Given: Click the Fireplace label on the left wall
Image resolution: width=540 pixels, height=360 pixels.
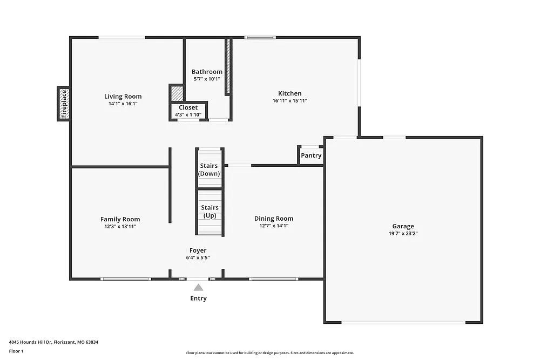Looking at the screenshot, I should [x=64, y=104].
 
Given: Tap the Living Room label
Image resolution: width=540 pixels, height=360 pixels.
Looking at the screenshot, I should [x=123, y=97].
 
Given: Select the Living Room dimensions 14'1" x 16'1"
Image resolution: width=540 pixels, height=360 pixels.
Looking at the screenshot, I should [x=123, y=104].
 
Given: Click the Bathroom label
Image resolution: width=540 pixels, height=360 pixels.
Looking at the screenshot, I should [x=207, y=72].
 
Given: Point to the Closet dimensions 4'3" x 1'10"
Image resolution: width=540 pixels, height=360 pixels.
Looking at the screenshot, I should [x=188, y=114].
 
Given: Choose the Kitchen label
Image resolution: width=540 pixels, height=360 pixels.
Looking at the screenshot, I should [x=290, y=93].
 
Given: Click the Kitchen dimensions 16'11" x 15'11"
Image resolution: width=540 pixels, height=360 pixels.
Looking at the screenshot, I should [x=290, y=100].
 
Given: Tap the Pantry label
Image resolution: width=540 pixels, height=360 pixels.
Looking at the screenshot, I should [x=311, y=155].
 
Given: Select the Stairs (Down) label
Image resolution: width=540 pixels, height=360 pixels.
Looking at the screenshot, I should [x=209, y=169].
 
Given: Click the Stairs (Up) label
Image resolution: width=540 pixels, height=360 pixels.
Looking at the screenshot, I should [x=210, y=211].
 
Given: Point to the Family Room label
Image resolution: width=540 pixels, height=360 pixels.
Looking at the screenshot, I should [x=120, y=219].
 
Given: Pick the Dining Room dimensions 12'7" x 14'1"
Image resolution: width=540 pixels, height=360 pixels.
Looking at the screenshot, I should [x=274, y=226].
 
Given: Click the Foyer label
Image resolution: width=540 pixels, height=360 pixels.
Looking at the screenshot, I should [x=198, y=250].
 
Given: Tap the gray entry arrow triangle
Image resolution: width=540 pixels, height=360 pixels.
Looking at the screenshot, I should [x=198, y=287].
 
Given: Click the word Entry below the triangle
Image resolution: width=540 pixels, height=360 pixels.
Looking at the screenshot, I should [x=198, y=298].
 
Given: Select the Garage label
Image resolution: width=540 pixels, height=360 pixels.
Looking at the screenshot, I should [x=403, y=226].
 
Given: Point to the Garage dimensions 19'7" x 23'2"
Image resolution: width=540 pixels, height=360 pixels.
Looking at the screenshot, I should [x=403, y=233].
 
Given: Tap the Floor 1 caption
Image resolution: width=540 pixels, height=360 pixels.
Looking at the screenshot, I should [x=16, y=351].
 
